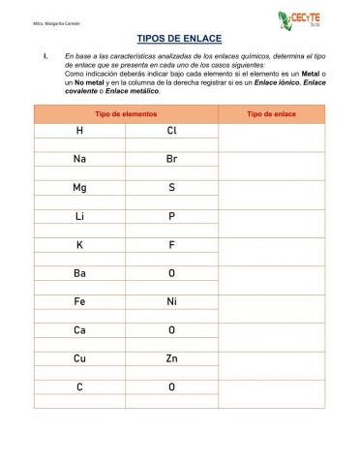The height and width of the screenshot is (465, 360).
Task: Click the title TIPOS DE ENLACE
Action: [x=179, y=39]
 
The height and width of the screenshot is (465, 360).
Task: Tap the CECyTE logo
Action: [x=297, y=20]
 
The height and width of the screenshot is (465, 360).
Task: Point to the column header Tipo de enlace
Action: [x=272, y=114]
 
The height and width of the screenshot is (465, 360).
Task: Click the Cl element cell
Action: [x=171, y=130]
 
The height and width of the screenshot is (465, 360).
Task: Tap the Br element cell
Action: [x=171, y=159]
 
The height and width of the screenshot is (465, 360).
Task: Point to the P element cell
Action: [x=171, y=216]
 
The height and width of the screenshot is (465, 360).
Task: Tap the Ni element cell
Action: [x=171, y=302]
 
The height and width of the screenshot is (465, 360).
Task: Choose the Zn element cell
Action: [x=171, y=358]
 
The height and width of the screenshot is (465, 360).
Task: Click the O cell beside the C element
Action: [x=171, y=387]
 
